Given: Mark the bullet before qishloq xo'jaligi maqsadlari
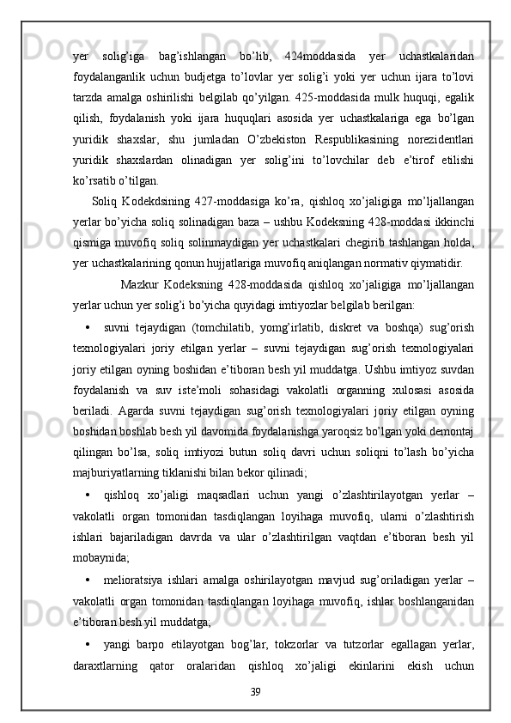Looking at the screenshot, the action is [x=89, y=518].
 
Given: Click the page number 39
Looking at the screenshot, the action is [x=255, y=715].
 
